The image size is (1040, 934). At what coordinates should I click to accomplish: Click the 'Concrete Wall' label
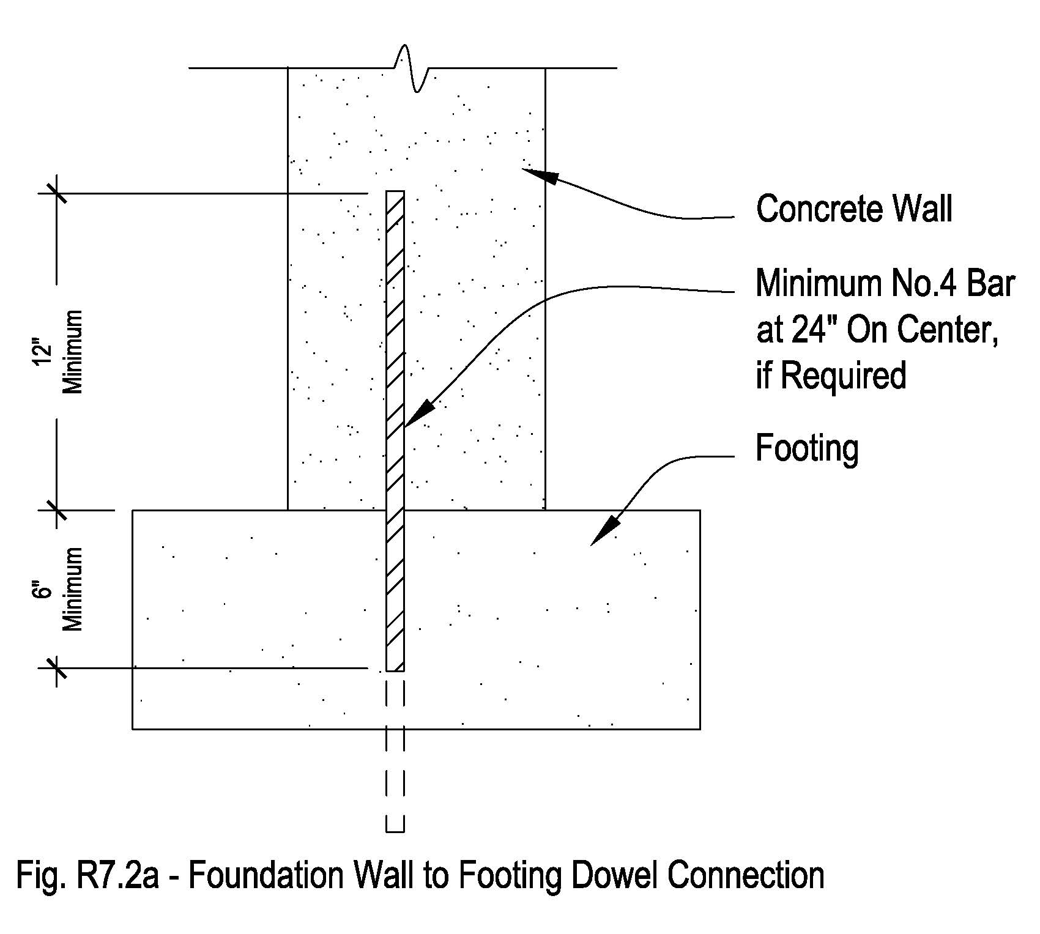click(854, 209)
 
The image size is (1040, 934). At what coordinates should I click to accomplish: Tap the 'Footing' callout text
click(807, 448)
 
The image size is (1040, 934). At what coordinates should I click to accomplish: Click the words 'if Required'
click(831, 375)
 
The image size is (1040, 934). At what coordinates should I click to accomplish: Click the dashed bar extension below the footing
click(395, 783)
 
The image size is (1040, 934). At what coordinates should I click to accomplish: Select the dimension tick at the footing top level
click(57, 510)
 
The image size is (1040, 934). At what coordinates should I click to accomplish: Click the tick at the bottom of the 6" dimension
click(57, 668)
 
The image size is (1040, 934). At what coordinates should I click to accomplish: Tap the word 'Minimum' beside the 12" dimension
click(72, 352)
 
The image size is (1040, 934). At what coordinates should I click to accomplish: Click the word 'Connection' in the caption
click(746, 875)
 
